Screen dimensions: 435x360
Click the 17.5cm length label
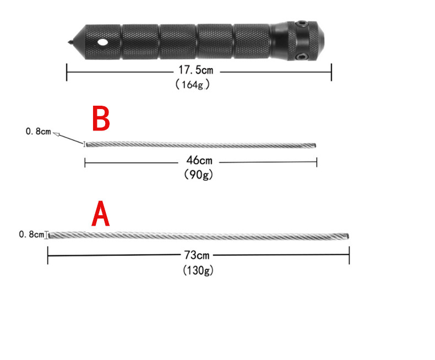[195, 70]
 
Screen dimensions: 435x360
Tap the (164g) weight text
[193, 84]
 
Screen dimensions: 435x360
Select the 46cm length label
[199, 160]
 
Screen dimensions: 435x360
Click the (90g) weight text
[198, 174]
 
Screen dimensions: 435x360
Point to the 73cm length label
[197, 255]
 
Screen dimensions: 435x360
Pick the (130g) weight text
[198, 270]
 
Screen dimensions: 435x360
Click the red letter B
[101, 118]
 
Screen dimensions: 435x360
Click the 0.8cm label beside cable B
[39, 131]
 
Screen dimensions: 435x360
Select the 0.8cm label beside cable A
[31, 234]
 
